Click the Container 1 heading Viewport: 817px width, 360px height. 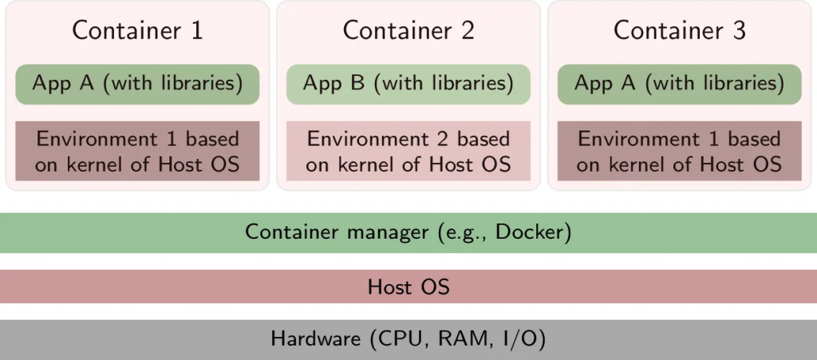(x=137, y=30)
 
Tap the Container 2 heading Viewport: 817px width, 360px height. (x=408, y=30)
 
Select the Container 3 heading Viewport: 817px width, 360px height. (x=680, y=30)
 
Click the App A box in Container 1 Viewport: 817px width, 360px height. (x=137, y=85)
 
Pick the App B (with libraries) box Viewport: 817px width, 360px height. (x=408, y=85)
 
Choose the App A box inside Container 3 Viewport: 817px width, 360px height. (x=680, y=85)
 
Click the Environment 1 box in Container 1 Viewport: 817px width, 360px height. (x=137, y=151)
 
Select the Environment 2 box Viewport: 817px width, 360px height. (x=408, y=151)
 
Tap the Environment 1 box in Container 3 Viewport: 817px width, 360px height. (x=680, y=151)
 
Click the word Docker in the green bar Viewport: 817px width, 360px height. (x=529, y=232)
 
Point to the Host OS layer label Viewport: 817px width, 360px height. (x=408, y=287)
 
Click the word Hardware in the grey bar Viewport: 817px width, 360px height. (x=315, y=340)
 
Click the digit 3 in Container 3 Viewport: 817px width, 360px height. (x=739, y=31)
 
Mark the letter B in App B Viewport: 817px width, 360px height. (x=357, y=84)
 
